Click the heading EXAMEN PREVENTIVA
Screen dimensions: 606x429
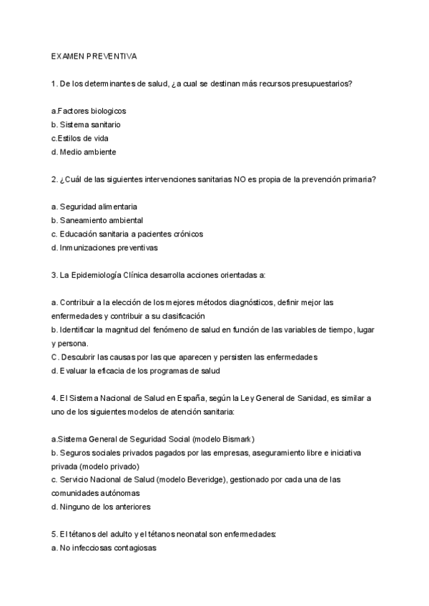94,56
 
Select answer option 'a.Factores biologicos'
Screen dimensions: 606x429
89,111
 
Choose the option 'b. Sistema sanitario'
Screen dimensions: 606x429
85,124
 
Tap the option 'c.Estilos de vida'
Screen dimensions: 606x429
79,138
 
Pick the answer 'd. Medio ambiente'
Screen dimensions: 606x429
84,151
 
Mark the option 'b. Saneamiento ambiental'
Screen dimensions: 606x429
97,220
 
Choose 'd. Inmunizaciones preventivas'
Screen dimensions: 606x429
104,247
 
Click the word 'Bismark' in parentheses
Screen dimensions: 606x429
235,439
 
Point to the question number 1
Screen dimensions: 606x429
54,84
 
